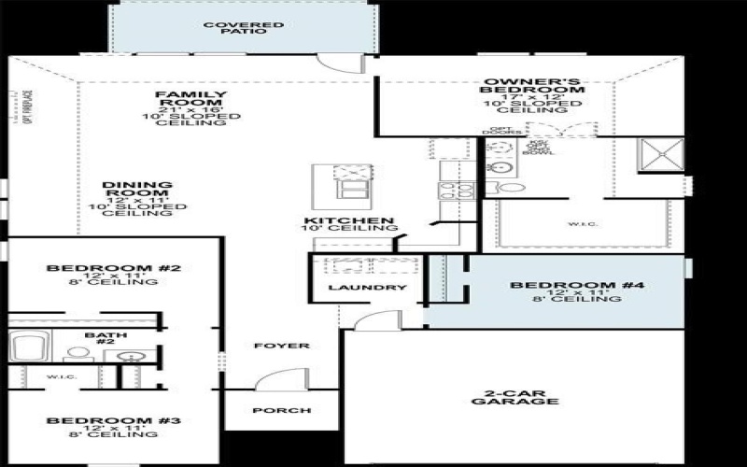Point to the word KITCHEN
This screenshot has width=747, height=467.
coord(347,221)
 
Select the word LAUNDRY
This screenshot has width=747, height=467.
coord(367,288)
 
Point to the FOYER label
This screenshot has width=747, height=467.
coord(281,346)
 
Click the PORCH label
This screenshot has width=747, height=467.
coord(281,410)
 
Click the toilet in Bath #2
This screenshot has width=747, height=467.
coord(74,354)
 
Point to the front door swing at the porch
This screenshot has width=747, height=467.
coord(275,383)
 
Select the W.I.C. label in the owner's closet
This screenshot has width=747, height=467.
coord(577,223)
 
